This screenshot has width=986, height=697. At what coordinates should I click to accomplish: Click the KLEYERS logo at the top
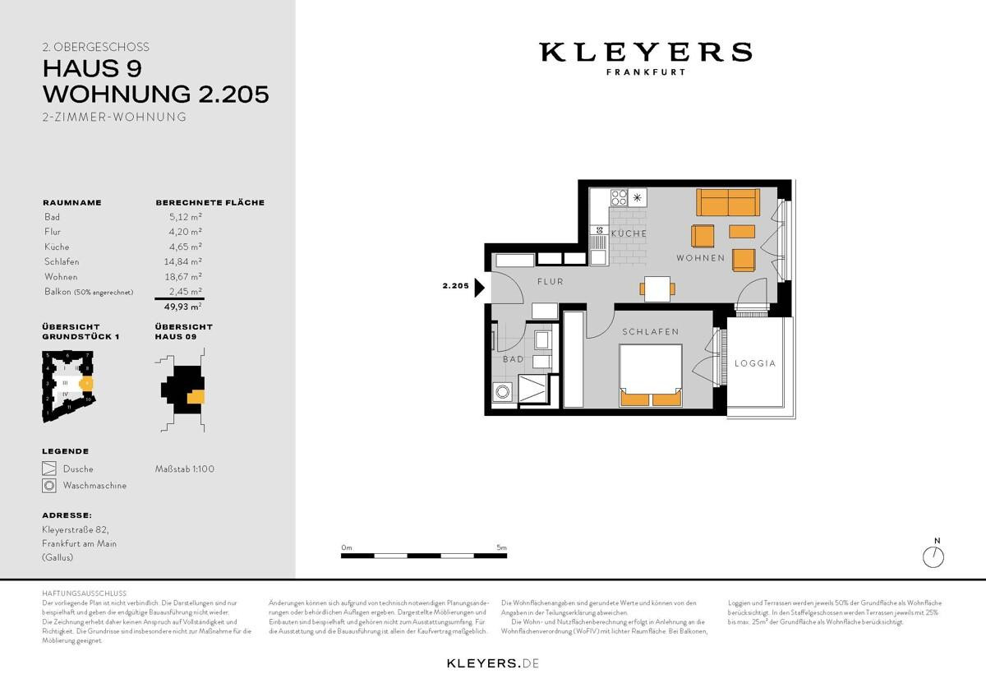(645, 53)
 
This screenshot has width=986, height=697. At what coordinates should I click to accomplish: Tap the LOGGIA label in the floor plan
(754, 362)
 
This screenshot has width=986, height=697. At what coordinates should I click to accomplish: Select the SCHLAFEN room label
(650, 332)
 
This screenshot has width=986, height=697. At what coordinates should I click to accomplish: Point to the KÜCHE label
(629, 233)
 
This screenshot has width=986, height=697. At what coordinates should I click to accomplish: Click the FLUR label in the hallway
(550, 281)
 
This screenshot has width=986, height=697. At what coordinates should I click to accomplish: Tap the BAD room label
(513, 359)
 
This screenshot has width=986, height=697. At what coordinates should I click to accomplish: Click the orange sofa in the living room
(726, 202)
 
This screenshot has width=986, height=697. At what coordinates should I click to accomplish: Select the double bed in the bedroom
(650, 375)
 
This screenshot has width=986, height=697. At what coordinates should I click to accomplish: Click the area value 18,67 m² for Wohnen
(186, 277)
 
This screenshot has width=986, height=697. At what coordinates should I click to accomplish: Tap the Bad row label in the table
(53, 217)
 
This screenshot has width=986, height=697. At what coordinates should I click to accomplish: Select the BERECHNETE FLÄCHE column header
(210, 202)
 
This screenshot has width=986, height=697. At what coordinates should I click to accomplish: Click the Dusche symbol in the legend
(49, 469)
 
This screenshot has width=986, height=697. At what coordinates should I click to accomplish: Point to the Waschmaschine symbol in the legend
(49, 486)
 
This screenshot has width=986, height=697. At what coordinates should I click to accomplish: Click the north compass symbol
(935, 556)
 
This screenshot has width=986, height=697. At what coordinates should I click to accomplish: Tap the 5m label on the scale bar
(501, 547)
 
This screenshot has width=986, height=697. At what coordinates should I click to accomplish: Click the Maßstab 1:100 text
(185, 469)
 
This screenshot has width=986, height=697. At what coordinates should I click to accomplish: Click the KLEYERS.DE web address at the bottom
(492, 662)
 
